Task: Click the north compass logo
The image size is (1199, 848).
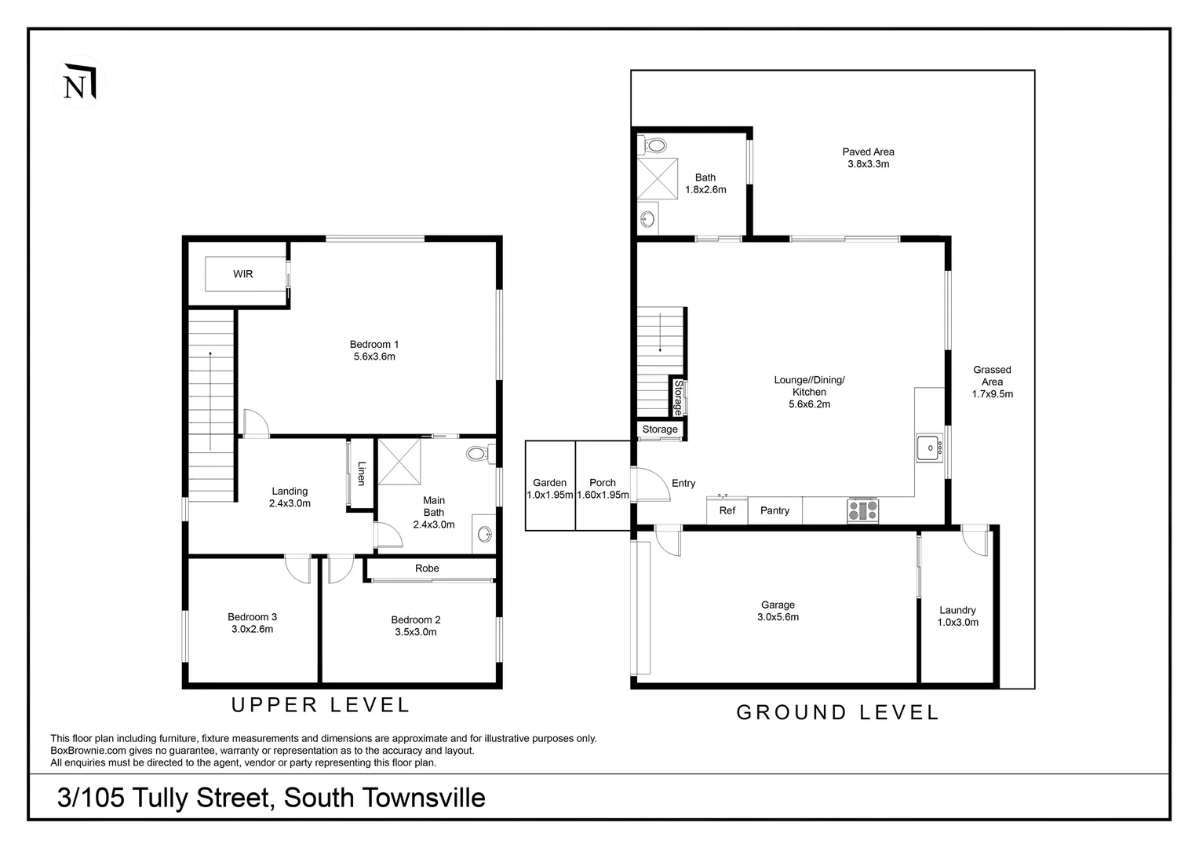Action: pyautogui.click(x=80, y=82)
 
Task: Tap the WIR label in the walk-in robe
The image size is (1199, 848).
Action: pyautogui.click(x=243, y=274)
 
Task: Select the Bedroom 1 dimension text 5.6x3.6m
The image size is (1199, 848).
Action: pyautogui.click(x=374, y=356)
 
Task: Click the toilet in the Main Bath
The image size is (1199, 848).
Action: pyautogui.click(x=480, y=455)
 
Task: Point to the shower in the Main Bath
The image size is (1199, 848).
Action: pyautogui.click(x=399, y=462)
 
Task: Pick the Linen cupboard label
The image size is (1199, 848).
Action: pyautogui.click(x=362, y=473)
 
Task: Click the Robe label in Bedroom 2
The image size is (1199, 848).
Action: pyautogui.click(x=427, y=568)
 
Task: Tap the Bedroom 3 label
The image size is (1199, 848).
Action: pyautogui.click(x=252, y=617)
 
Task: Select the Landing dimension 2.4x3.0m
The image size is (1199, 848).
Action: pyautogui.click(x=290, y=503)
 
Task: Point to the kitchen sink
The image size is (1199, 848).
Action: pyautogui.click(x=929, y=448)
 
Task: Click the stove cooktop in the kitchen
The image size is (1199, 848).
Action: pyautogui.click(x=862, y=510)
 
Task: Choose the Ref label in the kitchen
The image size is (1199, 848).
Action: pyautogui.click(x=727, y=510)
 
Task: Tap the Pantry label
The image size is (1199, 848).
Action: pyautogui.click(x=774, y=510)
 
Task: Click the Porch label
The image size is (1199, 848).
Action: pyautogui.click(x=603, y=483)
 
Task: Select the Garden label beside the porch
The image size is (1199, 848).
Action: pyautogui.click(x=550, y=483)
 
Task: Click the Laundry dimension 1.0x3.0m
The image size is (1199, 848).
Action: pyautogui.click(x=957, y=623)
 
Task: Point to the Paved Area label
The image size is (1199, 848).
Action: pyautogui.click(x=868, y=152)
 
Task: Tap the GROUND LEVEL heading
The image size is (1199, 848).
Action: pyautogui.click(x=838, y=712)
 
